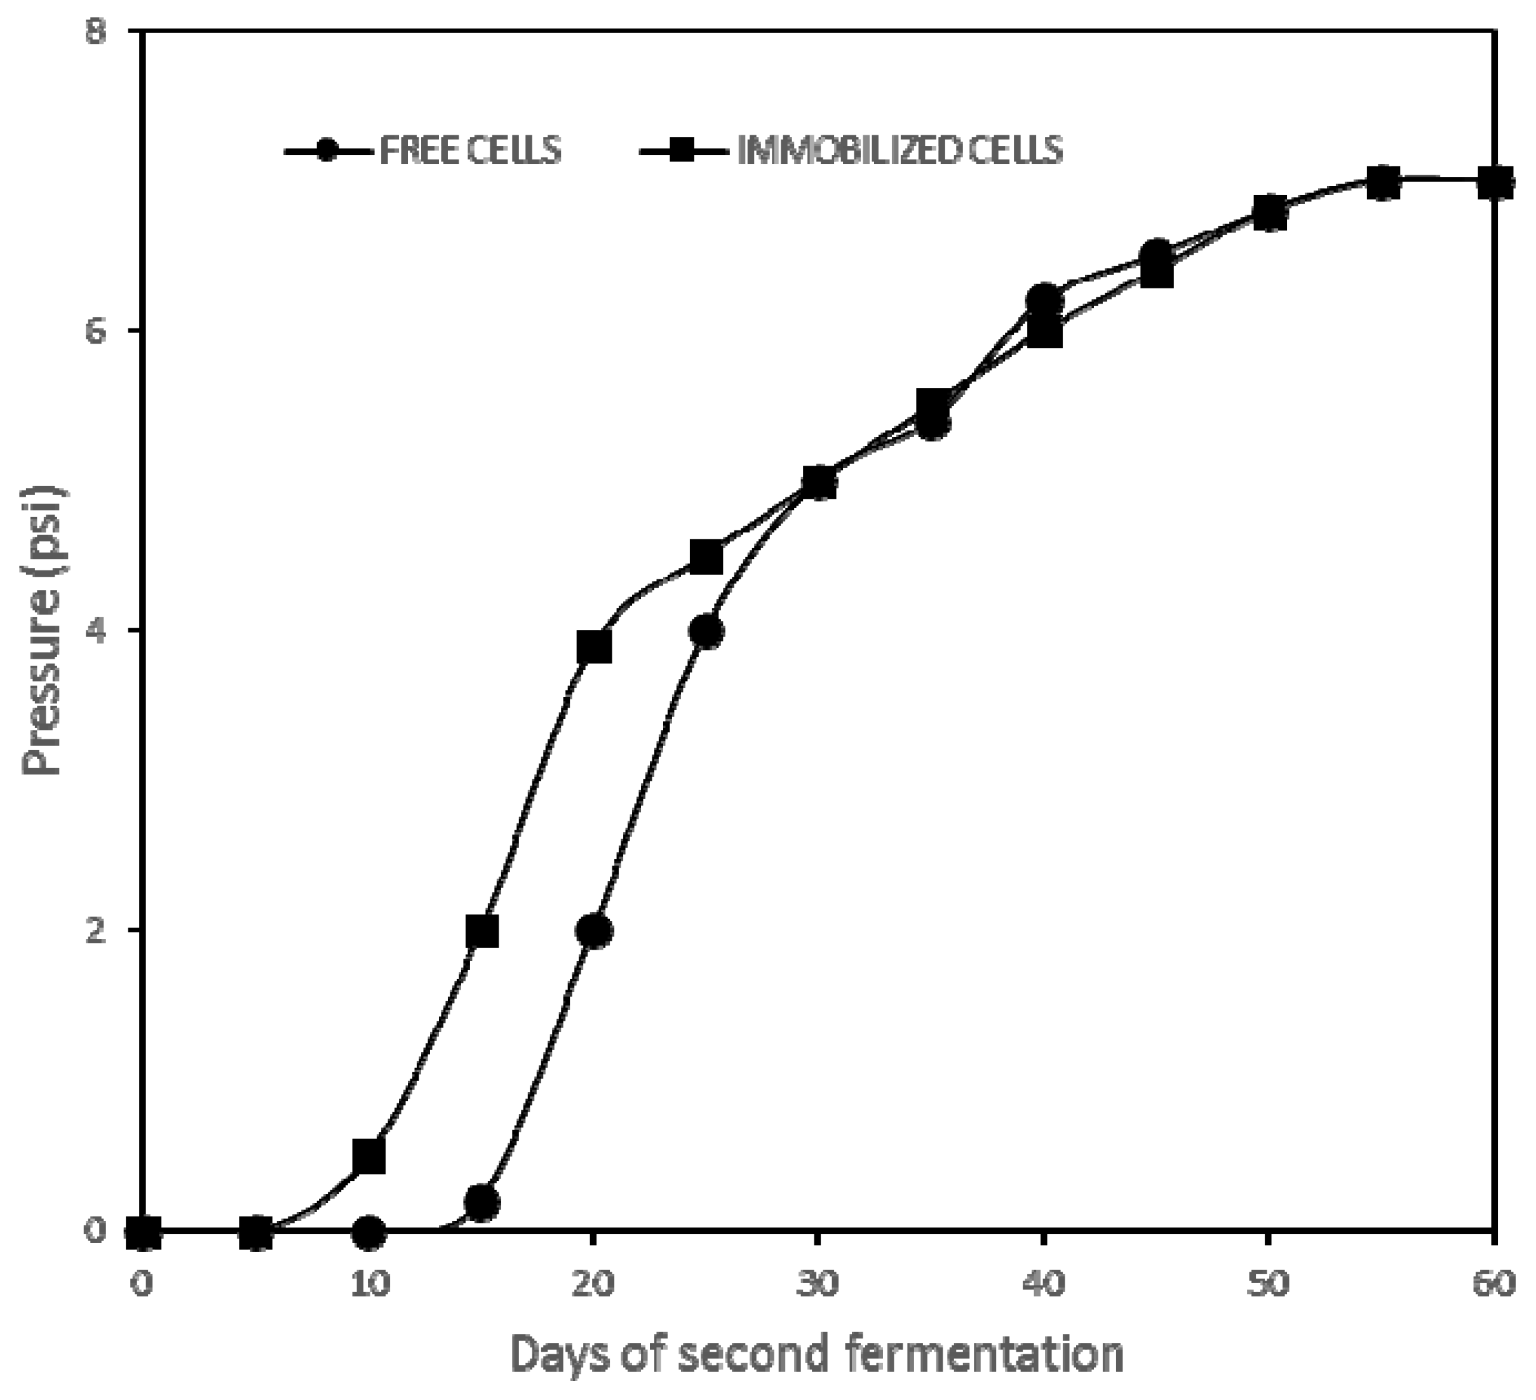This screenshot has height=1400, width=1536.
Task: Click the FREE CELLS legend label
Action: pos(470,150)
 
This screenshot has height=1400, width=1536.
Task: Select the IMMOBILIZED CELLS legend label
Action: pos(899,150)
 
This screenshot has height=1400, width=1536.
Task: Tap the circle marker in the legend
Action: pos(328,150)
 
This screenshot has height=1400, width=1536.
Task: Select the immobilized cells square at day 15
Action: pos(482,932)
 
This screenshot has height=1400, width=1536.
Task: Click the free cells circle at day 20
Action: pos(595,932)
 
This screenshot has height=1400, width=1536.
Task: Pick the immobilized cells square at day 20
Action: pos(595,648)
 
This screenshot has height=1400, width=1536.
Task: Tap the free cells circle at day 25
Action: pos(707,632)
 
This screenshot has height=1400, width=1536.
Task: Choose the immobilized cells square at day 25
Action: pos(707,558)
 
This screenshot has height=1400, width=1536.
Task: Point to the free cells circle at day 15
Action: pos(482,1202)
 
